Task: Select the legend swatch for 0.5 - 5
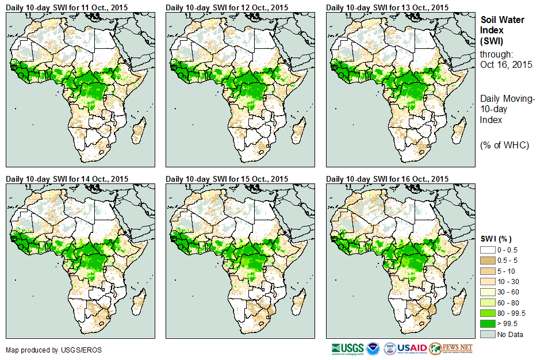tap(488, 261)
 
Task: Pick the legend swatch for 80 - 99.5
tap(488, 313)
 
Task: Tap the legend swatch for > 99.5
tap(488, 324)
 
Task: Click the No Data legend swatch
tap(488, 334)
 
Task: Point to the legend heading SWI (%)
tap(496, 239)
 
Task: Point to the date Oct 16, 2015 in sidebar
tap(506, 64)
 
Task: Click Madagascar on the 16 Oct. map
tap(458, 301)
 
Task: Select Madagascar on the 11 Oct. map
tap(138, 130)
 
